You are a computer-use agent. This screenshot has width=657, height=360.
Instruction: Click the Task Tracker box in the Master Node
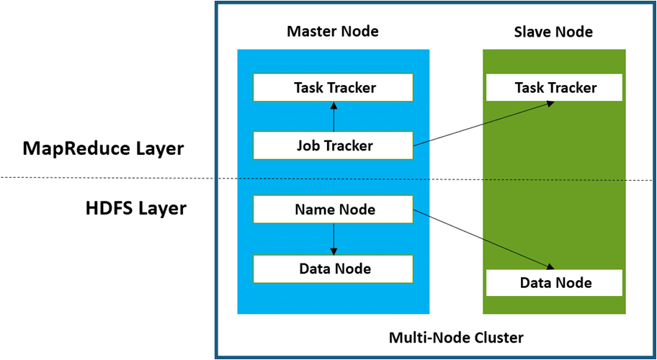coord(333,88)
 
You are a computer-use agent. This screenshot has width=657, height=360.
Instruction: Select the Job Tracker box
coord(333,145)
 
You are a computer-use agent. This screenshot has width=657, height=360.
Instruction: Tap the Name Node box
coord(333,210)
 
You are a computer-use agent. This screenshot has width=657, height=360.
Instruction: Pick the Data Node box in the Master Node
coord(333,269)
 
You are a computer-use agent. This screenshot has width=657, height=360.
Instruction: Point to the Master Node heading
coord(333,32)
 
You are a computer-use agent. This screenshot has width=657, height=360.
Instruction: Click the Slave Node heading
coord(553,32)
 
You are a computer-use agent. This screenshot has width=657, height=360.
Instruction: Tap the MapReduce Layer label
coord(103,149)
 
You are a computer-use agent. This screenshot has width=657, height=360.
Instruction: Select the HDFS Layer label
coord(135,209)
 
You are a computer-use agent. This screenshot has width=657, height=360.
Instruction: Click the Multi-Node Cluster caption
coord(456,337)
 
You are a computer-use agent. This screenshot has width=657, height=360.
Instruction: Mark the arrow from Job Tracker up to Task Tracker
coord(334,116)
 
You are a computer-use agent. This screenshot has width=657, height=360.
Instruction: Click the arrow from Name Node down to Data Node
coord(334,239)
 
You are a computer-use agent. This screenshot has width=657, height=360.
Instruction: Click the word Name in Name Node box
coord(315,210)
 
